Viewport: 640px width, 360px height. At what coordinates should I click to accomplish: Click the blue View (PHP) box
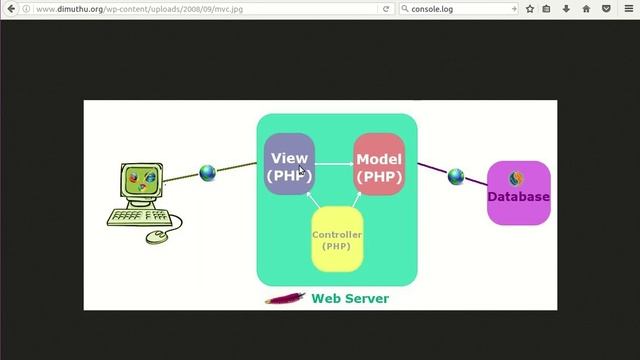(289, 165)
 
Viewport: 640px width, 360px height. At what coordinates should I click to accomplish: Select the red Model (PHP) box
(379, 166)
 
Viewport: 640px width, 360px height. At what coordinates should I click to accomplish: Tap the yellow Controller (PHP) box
(336, 240)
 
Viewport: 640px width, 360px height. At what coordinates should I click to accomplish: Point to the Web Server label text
(350, 298)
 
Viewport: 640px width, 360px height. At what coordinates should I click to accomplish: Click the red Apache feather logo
(285, 298)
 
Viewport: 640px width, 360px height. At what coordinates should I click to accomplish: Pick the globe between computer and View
(208, 173)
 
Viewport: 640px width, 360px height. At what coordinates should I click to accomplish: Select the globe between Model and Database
(456, 177)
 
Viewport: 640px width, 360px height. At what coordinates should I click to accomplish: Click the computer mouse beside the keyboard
(157, 237)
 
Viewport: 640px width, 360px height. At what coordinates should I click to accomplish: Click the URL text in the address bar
(140, 9)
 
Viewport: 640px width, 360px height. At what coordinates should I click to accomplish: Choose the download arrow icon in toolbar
(566, 9)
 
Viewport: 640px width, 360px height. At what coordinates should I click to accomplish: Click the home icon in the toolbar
(585, 9)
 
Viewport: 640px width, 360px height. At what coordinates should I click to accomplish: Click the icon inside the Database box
(516, 178)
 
